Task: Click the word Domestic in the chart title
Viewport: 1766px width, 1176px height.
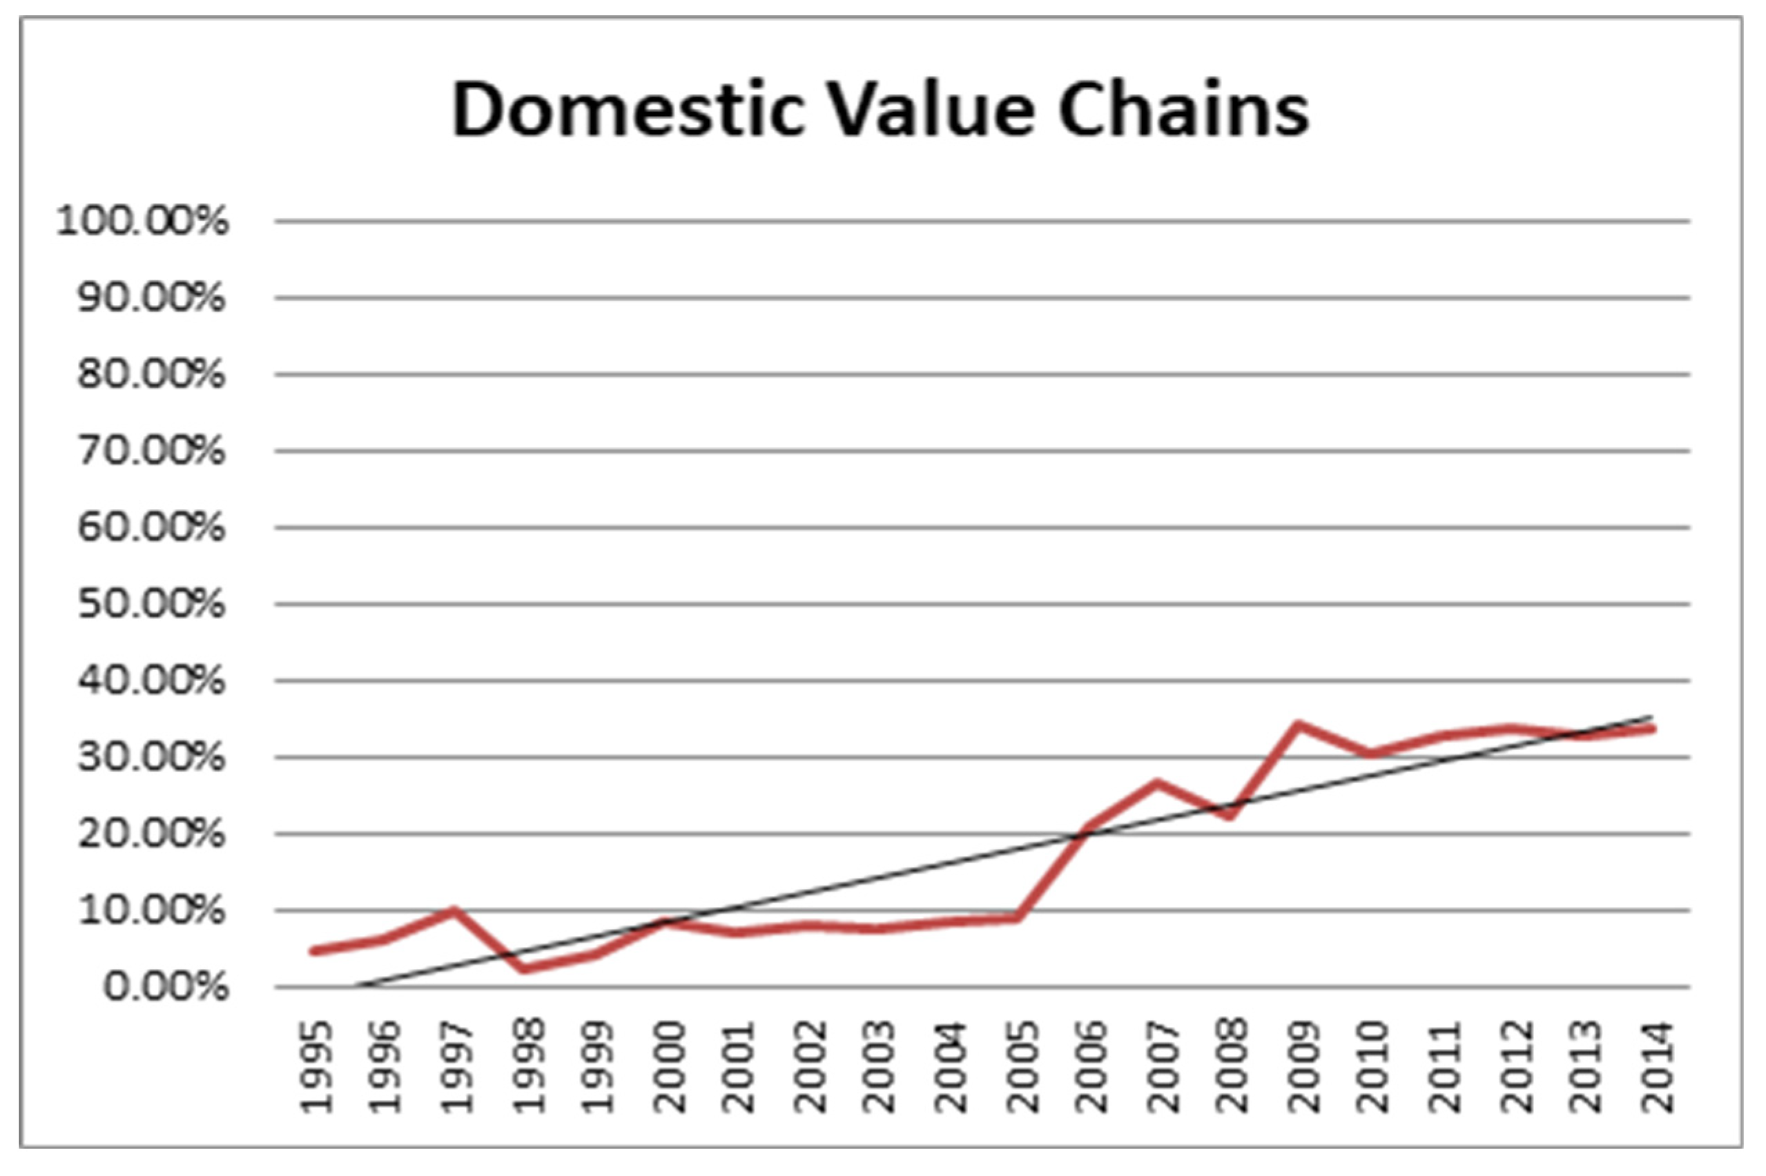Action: point(626,110)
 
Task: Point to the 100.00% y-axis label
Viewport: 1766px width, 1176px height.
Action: point(142,222)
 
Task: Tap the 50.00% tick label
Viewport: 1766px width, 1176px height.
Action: point(150,605)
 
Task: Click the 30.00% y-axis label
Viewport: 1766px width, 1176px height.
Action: point(150,758)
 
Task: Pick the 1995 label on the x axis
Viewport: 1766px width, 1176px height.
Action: point(317,1066)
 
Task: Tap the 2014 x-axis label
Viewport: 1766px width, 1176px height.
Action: point(1656,1066)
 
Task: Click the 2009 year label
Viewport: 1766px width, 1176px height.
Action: point(1304,1066)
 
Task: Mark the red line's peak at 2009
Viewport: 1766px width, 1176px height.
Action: point(1299,725)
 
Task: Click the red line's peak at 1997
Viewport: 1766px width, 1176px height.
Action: point(454,911)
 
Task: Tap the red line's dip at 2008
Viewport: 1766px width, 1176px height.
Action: point(1229,815)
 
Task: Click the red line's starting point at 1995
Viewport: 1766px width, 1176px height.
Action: point(313,951)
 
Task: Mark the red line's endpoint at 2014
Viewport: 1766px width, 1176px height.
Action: point(1653,728)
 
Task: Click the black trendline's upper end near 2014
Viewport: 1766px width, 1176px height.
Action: point(1651,716)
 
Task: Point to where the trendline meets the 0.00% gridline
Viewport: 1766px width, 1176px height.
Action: point(353,987)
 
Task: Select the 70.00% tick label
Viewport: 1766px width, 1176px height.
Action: point(150,451)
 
